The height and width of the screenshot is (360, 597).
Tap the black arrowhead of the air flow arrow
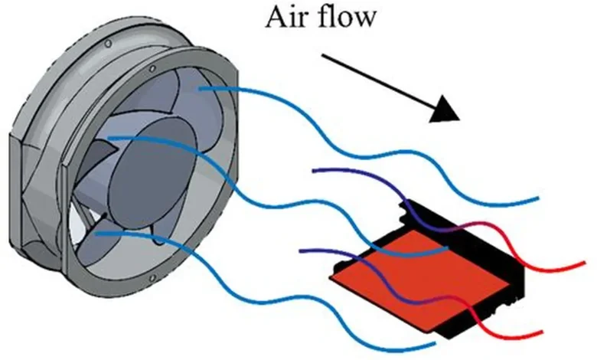pyautogui.click(x=445, y=110)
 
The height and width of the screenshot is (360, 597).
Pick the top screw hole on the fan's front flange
pyautogui.click(x=152, y=69)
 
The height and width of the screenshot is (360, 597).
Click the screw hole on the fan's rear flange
pyautogui.click(x=108, y=44)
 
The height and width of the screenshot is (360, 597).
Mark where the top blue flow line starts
pyautogui.click(x=200, y=89)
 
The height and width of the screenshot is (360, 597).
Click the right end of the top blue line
pyautogui.click(x=537, y=198)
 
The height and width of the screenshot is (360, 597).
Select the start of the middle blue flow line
pyautogui.click(x=109, y=139)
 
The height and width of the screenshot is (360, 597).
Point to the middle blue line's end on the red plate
pyautogui.click(x=447, y=249)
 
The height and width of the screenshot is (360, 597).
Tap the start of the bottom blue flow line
pyautogui.click(x=96, y=233)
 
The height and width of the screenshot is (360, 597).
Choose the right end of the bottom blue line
pyautogui.click(x=435, y=344)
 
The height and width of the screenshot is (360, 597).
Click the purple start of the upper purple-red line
pyautogui.click(x=314, y=170)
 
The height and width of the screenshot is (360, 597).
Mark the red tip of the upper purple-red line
pyautogui.click(x=584, y=263)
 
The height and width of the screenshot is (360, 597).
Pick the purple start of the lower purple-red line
pyautogui.click(x=301, y=250)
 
